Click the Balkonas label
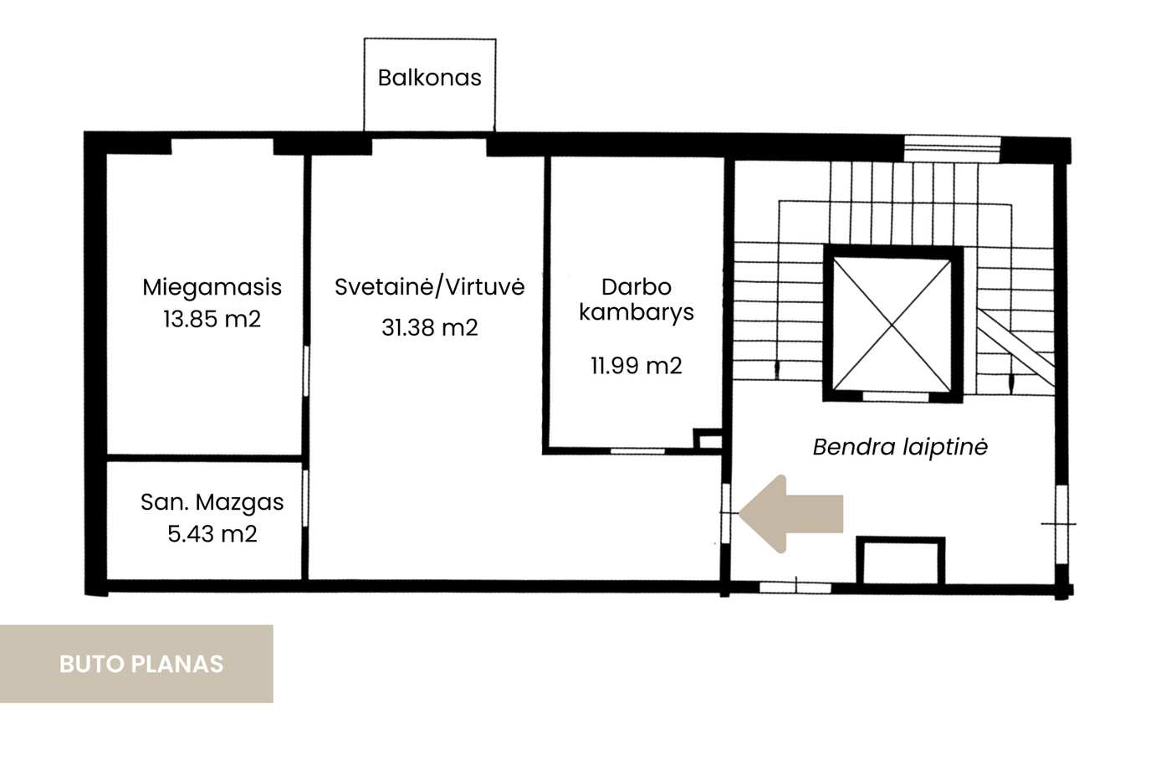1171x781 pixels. (x=429, y=78)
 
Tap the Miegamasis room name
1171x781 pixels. (x=212, y=287)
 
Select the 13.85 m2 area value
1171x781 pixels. (x=212, y=319)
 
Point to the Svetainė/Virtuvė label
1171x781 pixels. (x=429, y=286)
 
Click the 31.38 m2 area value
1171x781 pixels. (x=429, y=327)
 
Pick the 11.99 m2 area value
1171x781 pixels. (x=637, y=365)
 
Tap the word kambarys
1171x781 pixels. (x=637, y=313)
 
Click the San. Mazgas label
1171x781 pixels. (x=212, y=502)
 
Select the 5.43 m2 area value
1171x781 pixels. (x=212, y=534)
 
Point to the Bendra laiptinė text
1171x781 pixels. (x=900, y=448)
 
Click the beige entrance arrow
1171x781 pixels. (x=790, y=514)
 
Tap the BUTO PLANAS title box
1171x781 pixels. (x=136, y=664)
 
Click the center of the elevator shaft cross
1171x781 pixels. (x=892, y=326)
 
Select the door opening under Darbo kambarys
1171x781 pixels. (x=637, y=451)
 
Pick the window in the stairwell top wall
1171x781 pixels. (x=952, y=148)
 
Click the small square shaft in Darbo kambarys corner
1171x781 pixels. (x=708, y=439)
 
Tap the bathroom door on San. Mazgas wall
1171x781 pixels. (x=306, y=499)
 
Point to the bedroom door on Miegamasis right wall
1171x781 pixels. (x=306, y=371)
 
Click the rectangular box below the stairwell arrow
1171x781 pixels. (x=900, y=561)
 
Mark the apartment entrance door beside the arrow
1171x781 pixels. (x=726, y=514)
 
